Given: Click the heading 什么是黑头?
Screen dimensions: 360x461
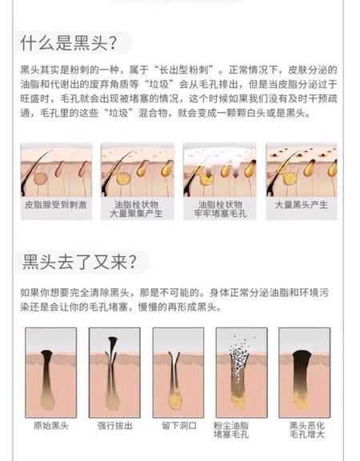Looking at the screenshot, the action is click(x=69, y=43).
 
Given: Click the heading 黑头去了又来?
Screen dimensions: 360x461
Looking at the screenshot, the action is click(x=79, y=262).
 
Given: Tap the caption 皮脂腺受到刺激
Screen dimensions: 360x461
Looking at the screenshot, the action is click(x=56, y=205).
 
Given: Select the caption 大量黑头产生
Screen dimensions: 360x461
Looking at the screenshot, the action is click(x=302, y=205).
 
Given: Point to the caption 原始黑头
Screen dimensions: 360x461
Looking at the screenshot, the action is click(x=51, y=426).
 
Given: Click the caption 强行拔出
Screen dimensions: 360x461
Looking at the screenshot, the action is click(x=115, y=426).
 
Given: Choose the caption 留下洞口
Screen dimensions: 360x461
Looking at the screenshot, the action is click(x=179, y=426).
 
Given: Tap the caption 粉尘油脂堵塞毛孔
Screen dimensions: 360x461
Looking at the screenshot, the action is click(x=231, y=430).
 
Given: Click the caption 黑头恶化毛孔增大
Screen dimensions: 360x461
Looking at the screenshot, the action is click(x=307, y=430).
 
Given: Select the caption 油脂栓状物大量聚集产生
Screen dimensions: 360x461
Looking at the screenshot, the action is click(x=136, y=209).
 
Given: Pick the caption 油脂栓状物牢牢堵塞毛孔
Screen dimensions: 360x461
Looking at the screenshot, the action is click(x=220, y=209).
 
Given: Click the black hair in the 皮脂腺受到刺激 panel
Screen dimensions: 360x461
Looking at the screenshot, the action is click(x=32, y=174).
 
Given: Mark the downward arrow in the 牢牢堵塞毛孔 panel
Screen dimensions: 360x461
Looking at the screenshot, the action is click(x=236, y=174).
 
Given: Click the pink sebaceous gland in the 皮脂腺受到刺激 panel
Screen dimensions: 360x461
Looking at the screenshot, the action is click(x=40, y=178).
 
